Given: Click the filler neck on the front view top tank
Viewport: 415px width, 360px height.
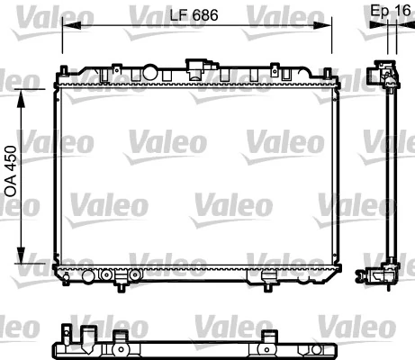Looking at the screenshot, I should (194, 66).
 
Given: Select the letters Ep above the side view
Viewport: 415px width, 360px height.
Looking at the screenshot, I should (378, 12).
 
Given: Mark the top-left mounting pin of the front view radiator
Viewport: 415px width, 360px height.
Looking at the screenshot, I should (64, 68).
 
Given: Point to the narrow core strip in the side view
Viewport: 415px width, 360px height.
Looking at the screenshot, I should (392, 171).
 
